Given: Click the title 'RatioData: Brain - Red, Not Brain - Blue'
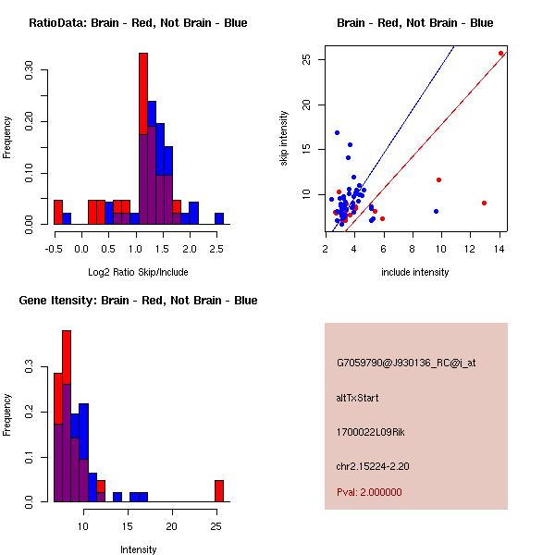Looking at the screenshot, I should click(x=138, y=23).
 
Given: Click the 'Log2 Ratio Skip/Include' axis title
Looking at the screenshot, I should click(x=137, y=271).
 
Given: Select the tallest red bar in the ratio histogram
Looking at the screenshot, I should click(x=143, y=92).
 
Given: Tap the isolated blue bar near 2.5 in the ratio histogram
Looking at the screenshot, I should click(x=219, y=218).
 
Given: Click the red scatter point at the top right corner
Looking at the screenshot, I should click(x=500, y=54).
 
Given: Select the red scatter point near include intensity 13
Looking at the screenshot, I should click(x=484, y=203).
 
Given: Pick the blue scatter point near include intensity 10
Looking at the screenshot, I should click(x=436, y=212).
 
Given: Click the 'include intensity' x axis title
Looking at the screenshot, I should click(x=415, y=272).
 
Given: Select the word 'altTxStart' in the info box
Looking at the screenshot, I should click(x=358, y=398).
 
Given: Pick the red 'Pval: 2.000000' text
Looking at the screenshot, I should click(x=369, y=492).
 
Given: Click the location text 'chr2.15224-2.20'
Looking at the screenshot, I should click(x=373, y=465).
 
